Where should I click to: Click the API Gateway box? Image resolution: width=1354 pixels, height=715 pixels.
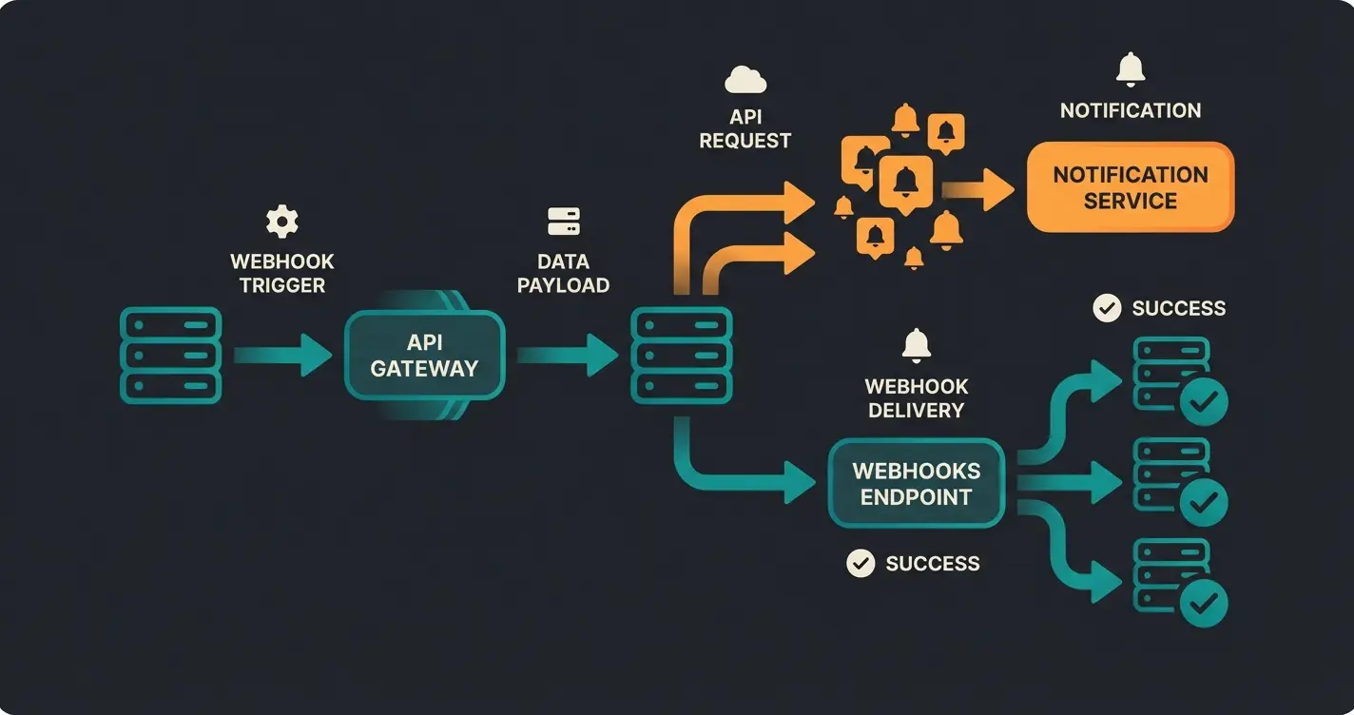424,356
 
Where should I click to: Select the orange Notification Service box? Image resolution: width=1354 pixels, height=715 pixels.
1130,187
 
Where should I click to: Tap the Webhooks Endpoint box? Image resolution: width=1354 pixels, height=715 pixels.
916,483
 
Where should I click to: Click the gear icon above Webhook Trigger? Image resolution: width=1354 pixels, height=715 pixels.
281,222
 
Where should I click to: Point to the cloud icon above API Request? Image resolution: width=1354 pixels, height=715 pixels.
745,80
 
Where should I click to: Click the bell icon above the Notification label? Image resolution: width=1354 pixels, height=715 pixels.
1130,69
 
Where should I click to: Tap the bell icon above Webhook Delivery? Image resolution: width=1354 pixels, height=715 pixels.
916,344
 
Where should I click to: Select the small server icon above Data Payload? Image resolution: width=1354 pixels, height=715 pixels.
564,222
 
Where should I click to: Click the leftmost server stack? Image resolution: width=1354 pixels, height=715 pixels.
171,356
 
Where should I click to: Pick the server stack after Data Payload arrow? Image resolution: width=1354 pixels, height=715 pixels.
682,356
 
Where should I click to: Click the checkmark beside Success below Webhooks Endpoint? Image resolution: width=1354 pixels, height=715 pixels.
861,564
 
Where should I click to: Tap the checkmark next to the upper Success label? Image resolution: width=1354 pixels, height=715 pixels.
1107,308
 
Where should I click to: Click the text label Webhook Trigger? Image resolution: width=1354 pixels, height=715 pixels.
282,273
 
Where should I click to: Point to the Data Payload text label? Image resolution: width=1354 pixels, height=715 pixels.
564,273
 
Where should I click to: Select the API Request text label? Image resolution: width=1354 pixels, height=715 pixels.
745,128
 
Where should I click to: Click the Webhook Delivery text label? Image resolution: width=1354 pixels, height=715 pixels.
916,398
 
